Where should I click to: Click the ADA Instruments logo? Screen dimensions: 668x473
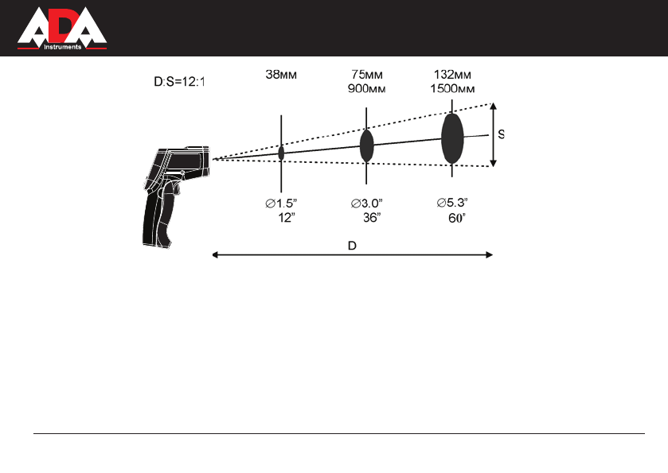[x=62, y=28]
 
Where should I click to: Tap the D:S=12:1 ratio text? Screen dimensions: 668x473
[x=179, y=82]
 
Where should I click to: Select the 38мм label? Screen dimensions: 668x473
[x=281, y=75]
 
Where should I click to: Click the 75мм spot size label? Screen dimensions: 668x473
[x=367, y=75]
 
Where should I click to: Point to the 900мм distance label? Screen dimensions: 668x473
[x=367, y=88]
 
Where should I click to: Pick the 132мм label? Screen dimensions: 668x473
[x=452, y=75]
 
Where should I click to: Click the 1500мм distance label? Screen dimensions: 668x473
[x=452, y=88]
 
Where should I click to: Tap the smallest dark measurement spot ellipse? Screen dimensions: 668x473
[x=281, y=153]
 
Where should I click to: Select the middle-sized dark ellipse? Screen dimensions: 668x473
[x=367, y=146]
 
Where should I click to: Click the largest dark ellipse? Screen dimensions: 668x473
[x=452, y=138]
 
